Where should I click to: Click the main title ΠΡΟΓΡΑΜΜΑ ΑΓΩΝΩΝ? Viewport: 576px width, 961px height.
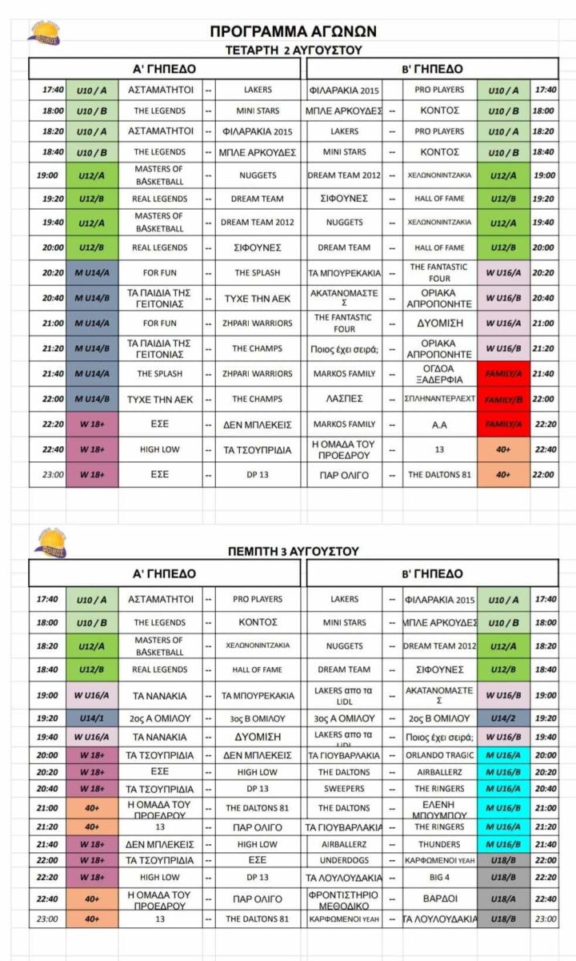click(x=293, y=32)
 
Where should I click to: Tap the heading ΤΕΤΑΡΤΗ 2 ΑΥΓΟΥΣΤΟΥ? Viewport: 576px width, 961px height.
click(x=294, y=50)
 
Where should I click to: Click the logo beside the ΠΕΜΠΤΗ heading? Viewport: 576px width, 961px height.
click(x=49, y=543)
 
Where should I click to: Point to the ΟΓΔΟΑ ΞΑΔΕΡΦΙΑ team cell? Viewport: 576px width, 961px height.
click(x=439, y=374)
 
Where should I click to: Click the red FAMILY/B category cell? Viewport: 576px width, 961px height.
click(x=502, y=399)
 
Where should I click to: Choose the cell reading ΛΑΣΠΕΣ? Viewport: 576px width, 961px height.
click(x=343, y=399)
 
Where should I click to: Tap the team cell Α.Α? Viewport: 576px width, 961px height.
click(x=439, y=424)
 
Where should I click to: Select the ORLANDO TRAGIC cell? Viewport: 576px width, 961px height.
click(x=439, y=755)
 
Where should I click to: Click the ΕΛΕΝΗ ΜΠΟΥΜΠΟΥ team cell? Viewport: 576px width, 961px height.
click(x=439, y=808)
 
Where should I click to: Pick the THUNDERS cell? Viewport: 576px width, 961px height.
click(x=439, y=844)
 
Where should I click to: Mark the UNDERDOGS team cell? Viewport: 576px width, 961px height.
click(x=343, y=860)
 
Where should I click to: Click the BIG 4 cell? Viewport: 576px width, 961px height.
click(x=439, y=878)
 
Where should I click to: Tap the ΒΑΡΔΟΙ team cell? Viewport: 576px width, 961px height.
click(x=439, y=899)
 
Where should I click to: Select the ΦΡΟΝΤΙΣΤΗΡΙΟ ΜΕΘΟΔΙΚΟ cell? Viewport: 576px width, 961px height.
click(x=343, y=899)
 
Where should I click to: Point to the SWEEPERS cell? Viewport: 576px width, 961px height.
click(x=343, y=789)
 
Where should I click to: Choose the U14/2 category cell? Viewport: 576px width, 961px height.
click(x=504, y=718)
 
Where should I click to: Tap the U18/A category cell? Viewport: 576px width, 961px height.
click(x=504, y=899)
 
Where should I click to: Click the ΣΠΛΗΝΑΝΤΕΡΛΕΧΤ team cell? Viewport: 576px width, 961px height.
click(x=439, y=399)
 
